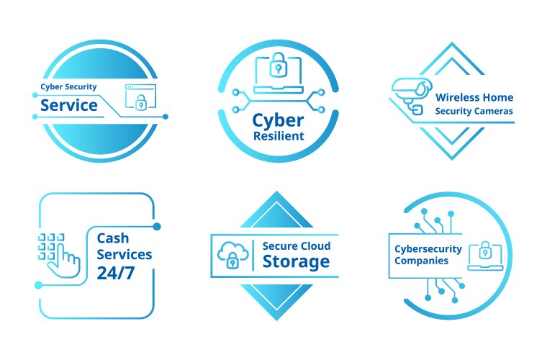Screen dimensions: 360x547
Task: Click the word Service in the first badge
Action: tap(69, 105)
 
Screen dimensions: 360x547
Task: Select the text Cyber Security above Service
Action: tap(68, 87)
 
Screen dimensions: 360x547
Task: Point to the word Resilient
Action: tap(279, 136)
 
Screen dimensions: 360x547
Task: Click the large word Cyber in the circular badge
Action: tap(278, 120)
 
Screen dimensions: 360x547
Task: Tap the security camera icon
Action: tap(412, 94)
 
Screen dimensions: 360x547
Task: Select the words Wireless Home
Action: tap(474, 97)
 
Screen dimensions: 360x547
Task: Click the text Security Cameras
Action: tap(474, 112)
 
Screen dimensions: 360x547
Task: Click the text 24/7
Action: tap(115, 272)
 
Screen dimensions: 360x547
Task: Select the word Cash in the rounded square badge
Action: tap(113, 237)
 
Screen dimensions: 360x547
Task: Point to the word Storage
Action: tap(296, 261)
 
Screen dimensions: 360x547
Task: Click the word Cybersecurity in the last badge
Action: tap(428, 248)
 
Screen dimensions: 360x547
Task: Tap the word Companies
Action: tap(422, 261)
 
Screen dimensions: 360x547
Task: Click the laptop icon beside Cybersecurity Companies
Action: tap(484, 256)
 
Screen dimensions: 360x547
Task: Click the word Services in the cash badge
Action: tap(125, 254)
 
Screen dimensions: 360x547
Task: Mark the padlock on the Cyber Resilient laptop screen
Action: tap(278, 69)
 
